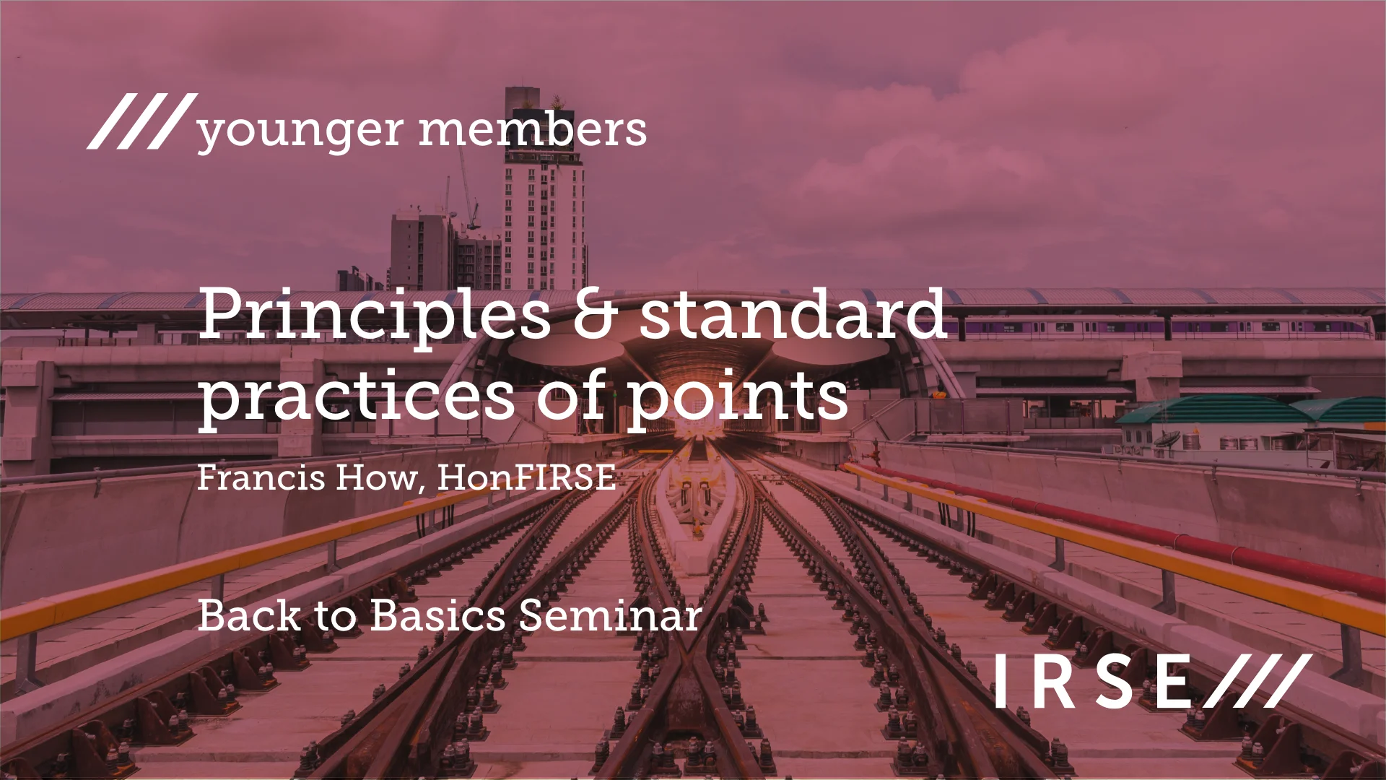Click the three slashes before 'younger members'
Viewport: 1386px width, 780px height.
[x=141, y=121]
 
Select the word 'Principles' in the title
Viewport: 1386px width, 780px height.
[x=375, y=315]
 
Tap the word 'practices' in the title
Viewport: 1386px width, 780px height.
[x=357, y=396]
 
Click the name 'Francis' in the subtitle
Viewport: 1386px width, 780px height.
[x=261, y=477]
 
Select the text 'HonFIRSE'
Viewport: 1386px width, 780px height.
[x=526, y=477]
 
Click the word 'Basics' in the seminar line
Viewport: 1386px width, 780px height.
[x=438, y=616]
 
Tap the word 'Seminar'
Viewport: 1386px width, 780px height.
[x=610, y=616]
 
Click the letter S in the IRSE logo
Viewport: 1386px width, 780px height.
[x=1115, y=681]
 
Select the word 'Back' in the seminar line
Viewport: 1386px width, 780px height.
[x=248, y=616]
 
